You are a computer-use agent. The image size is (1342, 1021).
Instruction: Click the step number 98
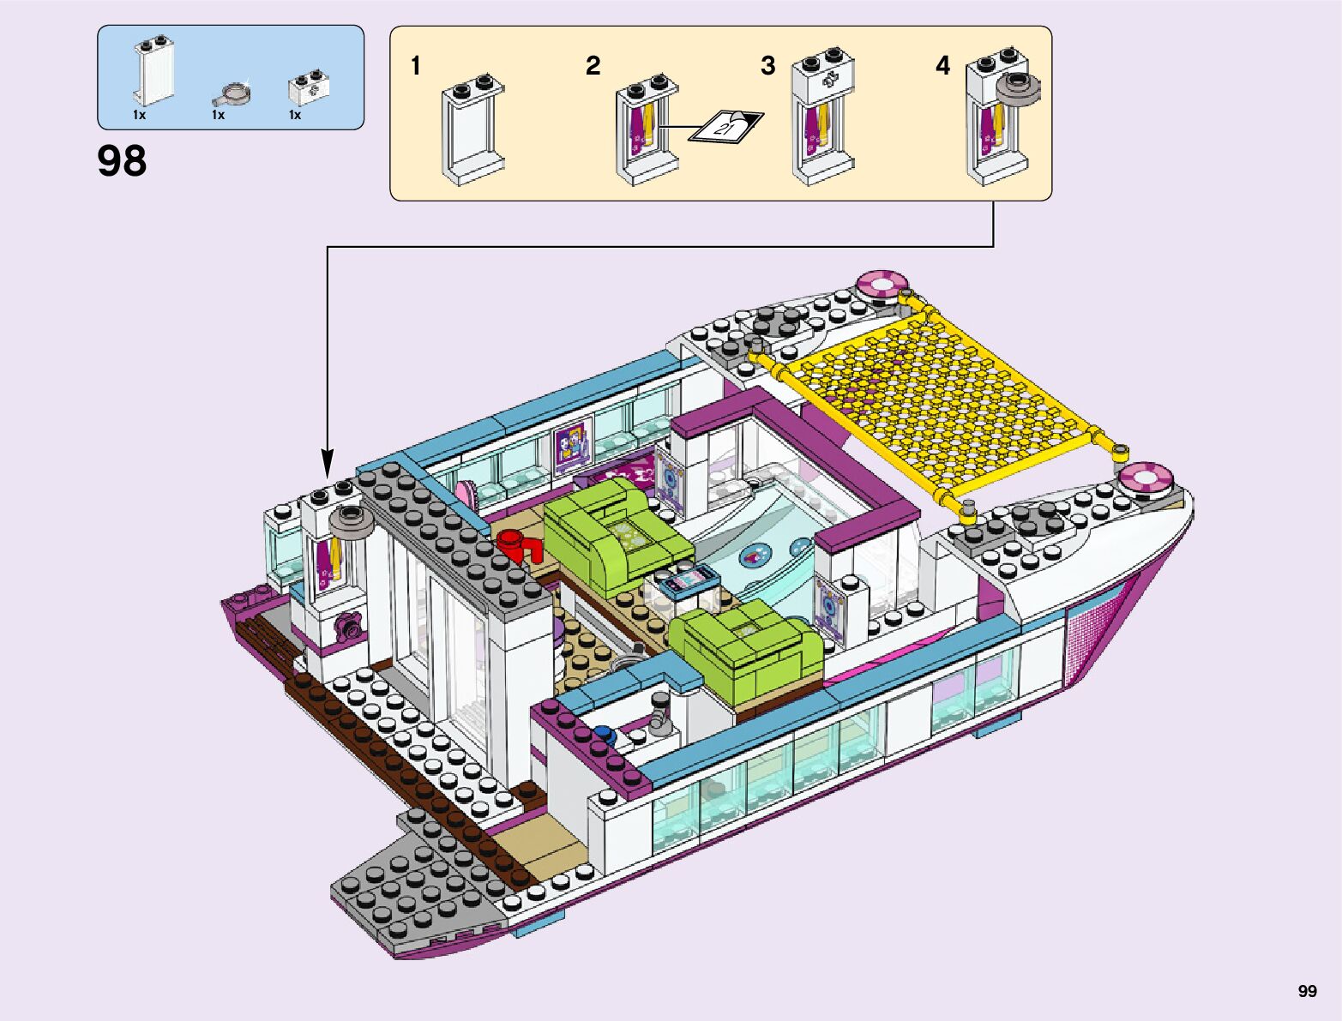coord(122,161)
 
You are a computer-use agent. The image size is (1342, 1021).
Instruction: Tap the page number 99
coord(1307,991)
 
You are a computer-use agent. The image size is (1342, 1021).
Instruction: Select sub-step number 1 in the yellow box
coord(416,65)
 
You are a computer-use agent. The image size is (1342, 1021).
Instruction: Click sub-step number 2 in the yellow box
coord(593,65)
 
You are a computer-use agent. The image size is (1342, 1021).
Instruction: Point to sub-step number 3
coord(768,65)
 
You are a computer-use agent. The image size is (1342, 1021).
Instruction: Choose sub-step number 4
coord(943,65)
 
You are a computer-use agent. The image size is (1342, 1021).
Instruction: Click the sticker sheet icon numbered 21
coord(726,127)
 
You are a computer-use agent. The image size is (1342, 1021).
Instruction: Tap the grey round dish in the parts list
coord(233,91)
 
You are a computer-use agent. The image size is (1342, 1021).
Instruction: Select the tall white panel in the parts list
coord(154,72)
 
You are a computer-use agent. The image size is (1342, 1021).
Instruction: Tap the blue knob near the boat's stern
coord(605,733)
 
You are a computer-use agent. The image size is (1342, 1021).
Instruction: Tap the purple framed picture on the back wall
coord(572,444)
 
